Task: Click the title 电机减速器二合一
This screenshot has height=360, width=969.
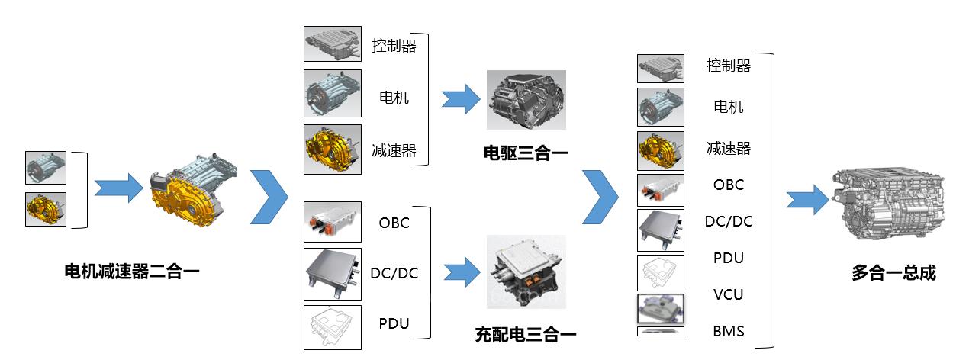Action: click(132, 270)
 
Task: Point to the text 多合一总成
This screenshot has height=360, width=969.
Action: click(893, 273)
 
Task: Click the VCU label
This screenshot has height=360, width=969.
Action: click(728, 294)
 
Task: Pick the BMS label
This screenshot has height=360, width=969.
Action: click(728, 331)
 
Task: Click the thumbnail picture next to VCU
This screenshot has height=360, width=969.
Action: click(661, 309)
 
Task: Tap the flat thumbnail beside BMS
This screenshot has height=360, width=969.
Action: click(661, 331)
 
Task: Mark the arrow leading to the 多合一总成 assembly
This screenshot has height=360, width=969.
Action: click(808, 200)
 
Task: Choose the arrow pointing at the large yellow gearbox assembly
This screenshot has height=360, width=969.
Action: click(118, 187)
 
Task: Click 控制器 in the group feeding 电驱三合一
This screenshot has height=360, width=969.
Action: click(394, 46)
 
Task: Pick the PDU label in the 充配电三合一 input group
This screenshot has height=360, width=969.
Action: click(394, 323)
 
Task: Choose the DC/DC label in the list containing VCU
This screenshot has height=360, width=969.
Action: click(728, 221)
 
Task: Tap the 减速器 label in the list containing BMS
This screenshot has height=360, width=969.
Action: click(728, 148)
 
